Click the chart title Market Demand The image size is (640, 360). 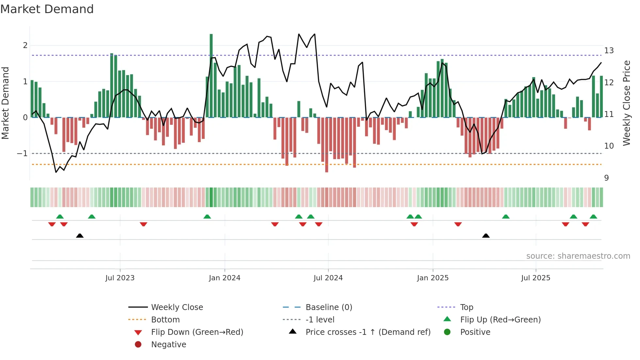(x=47, y=9)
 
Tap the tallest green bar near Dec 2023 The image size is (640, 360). (x=211, y=75)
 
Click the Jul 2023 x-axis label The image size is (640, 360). (x=120, y=278)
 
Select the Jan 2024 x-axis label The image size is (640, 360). (x=225, y=278)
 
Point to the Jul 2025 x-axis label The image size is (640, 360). (x=536, y=278)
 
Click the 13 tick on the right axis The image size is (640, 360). (x=609, y=51)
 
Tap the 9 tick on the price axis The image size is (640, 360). (x=606, y=178)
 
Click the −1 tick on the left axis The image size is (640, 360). (x=22, y=153)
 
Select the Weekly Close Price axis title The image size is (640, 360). (x=626, y=103)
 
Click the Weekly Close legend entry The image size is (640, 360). (x=177, y=307)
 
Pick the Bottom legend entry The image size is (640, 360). (x=165, y=319)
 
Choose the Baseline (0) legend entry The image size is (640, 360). (x=329, y=307)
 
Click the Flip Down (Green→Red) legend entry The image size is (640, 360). (x=197, y=332)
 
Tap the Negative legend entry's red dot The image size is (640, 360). (x=138, y=344)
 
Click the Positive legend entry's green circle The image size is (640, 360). (x=447, y=332)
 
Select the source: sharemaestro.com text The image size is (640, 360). (x=578, y=256)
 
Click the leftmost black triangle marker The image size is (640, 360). (x=80, y=236)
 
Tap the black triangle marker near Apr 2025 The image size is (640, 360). (x=486, y=236)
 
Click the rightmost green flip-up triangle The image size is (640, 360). (x=593, y=217)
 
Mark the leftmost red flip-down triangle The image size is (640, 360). (x=52, y=224)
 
